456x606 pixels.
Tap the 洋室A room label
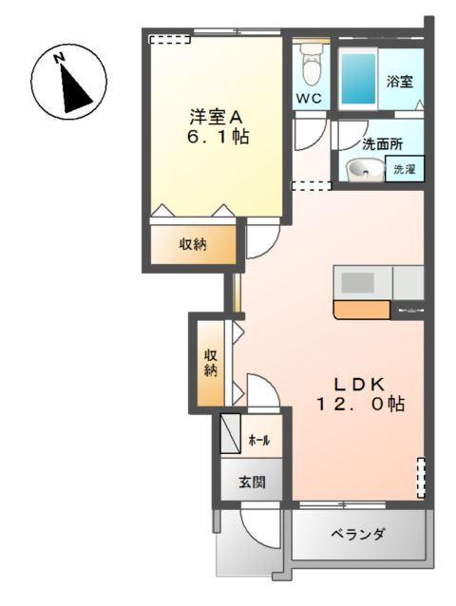pyautogui.click(x=217, y=116)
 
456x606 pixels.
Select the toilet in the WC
pyautogui.click(x=310, y=66)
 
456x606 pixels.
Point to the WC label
pyautogui.click(x=310, y=99)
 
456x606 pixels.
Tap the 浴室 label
pyautogui.click(x=399, y=83)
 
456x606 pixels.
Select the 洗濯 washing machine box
pyautogui.click(x=405, y=170)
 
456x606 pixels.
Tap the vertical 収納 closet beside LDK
pyautogui.click(x=210, y=362)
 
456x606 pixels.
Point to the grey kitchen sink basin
pyautogui.click(x=358, y=282)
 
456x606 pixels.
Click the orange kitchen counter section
pyautogui.click(x=361, y=309)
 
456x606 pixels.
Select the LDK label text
pyautogui.click(x=358, y=384)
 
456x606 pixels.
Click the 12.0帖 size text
pyautogui.click(x=361, y=404)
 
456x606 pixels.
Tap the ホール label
pyautogui.click(x=259, y=440)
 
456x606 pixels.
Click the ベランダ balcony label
pyautogui.click(x=357, y=535)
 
